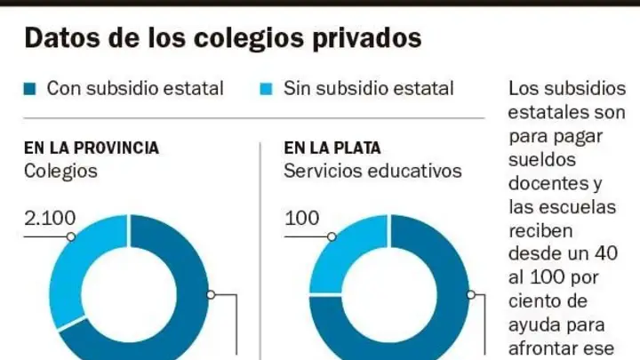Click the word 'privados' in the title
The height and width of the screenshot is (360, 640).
(x=367, y=38)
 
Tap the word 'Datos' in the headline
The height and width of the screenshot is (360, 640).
(x=62, y=37)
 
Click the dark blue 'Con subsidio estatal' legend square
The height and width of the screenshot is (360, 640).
(x=30, y=89)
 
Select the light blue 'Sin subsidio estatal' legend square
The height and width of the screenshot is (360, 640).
(x=266, y=89)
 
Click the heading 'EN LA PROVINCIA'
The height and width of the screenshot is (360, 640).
(x=92, y=148)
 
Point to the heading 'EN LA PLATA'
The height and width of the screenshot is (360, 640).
(x=332, y=148)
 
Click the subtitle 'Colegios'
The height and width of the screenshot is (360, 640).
(x=60, y=171)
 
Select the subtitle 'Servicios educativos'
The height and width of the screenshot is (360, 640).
(x=372, y=171)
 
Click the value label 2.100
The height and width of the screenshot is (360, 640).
(x=50, y=219)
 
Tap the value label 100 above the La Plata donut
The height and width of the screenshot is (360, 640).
(x=301, y=219)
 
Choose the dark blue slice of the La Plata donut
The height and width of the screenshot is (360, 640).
(x=452, y=302)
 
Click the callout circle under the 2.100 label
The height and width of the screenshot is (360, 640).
(x=71, y=236)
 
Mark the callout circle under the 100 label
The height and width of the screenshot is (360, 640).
(x=332, y=236)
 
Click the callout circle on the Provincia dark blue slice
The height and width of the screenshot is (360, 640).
(x=211, y=295)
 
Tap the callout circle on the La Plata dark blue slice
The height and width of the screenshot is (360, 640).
(x=471, y=295)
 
